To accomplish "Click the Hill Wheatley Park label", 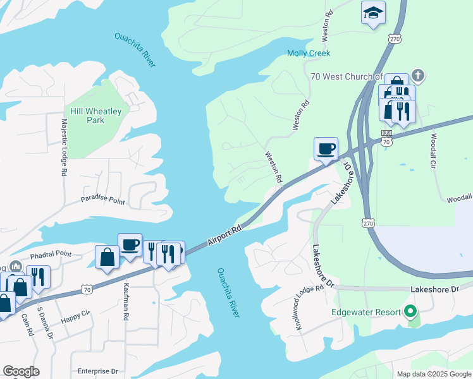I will click(95, 116).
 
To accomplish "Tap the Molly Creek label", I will click(309, 54).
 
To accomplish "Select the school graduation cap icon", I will click(373, 13).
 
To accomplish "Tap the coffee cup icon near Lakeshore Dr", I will click(326, 149).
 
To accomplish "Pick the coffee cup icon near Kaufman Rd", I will click(130, 244).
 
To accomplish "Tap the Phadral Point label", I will click(51, 255).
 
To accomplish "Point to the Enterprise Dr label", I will click(97, 371).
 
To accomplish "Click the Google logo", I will click(21, 371).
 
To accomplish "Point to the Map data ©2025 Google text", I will click(433, 374).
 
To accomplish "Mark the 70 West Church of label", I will click(347, 76).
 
